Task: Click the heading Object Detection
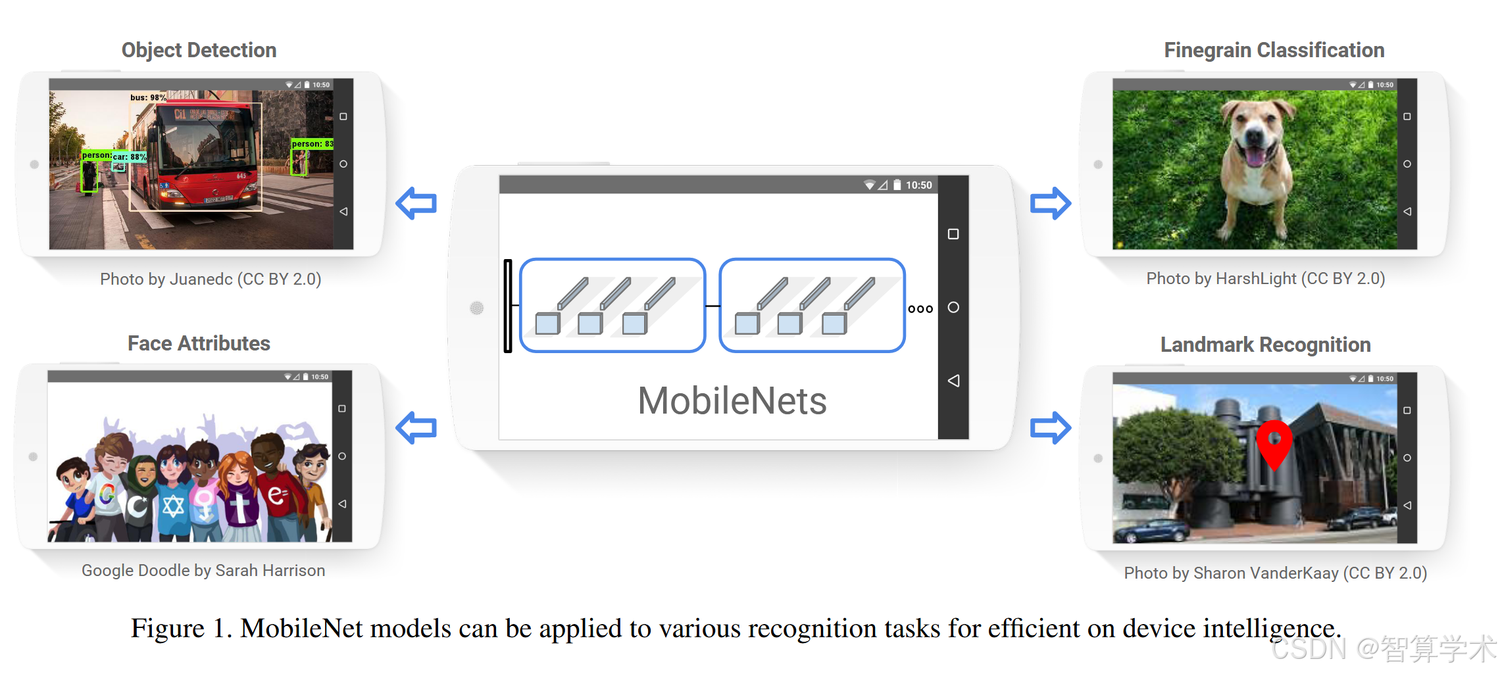pos(199,50)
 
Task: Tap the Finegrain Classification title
pos(1274,50)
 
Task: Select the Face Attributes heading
pos(199,343)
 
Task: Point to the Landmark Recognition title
pos(1265,345)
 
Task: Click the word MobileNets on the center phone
pos(732,401)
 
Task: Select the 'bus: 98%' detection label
pos(148,97)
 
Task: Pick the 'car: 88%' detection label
pos(129,157)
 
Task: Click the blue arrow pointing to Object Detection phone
pos(416,203)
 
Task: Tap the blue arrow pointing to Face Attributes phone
pos(416,428)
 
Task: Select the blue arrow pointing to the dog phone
pos(1050,203)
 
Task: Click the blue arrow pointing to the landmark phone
pos(1050,428)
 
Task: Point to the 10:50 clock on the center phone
pos(918,185)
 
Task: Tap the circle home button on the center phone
pos(953,307)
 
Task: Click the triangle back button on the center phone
pos(953,381)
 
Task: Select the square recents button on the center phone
pos(953,234)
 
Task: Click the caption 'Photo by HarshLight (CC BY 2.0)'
pos(1265,279)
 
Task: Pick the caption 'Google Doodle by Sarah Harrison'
pos(203,571)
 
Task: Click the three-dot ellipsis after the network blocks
pos(920,309)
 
